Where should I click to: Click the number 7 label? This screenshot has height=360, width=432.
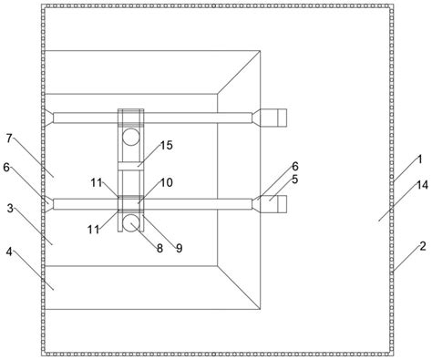pos(9,139)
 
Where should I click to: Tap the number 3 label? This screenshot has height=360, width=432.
pos(10,209)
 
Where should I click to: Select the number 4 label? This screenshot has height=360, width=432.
pos(9,252)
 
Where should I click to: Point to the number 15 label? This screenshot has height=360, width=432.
pos(167,145)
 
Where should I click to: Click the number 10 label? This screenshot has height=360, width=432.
pos(167,182)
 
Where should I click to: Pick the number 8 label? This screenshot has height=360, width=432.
pos(159,249)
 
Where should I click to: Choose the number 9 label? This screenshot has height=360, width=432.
pos(180,249)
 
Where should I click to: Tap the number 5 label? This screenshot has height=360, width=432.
pos(294,180)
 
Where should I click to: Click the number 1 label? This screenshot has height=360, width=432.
pos(419,159)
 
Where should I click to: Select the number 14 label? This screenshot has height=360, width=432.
pos(422,185)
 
